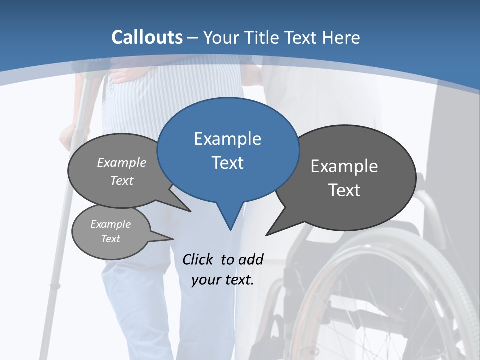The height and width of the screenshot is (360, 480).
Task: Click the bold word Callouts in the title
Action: pos(147,38)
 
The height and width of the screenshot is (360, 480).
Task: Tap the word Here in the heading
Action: pos(341,38)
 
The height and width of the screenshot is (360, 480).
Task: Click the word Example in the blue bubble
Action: pos(227,139)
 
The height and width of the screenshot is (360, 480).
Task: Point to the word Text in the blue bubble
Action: pos(227,163)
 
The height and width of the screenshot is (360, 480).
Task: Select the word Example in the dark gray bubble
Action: pos(344,166)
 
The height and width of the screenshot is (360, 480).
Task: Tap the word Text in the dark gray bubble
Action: pos(344,190)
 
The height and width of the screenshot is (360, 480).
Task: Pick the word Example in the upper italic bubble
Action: pos(122,163)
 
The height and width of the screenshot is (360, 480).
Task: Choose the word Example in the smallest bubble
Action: pos(110,224)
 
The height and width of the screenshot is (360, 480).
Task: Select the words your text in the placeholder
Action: pos(223,280)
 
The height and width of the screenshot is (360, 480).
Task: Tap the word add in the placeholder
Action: pos(251,259)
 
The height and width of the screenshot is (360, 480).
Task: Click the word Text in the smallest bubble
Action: pos(110,239)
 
